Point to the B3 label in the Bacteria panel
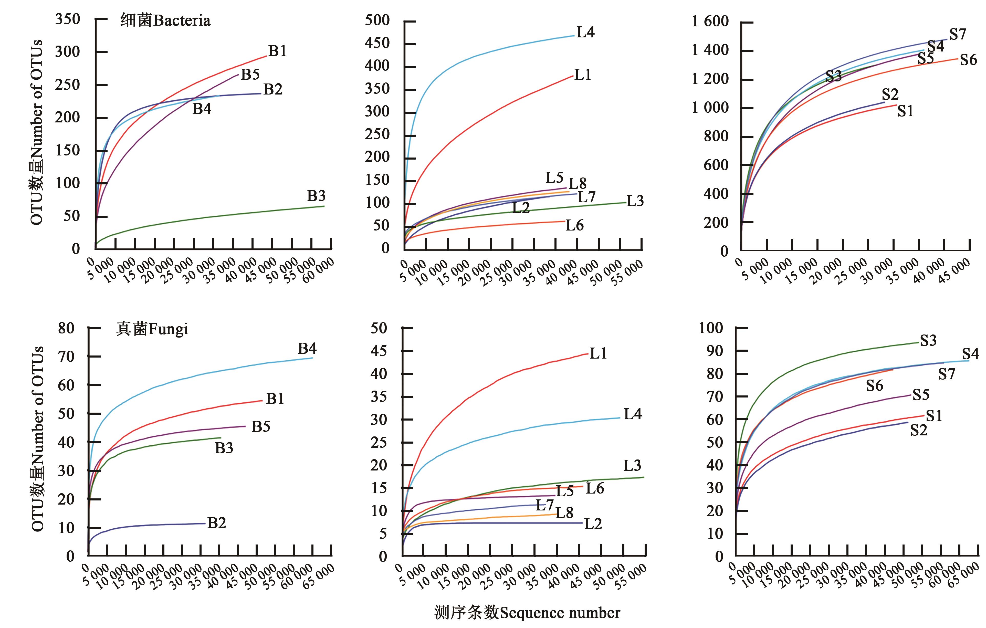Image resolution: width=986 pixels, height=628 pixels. pos(316,196)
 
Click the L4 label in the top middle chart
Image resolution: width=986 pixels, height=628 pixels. pos(585,32)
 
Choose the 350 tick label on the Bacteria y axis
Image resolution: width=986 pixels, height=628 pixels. pos(68,19)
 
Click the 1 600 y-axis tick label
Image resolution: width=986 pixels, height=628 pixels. pos(710,21)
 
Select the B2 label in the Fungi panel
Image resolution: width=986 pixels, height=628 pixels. pos(217,523)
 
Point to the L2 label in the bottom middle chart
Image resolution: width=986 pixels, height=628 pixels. pos(593,524)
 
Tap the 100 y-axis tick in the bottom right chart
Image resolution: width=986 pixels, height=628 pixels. pos(711,328)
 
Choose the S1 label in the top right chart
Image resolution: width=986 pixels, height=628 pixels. pos(905,111)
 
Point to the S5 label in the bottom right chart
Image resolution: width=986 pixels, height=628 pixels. pos(921,395)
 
